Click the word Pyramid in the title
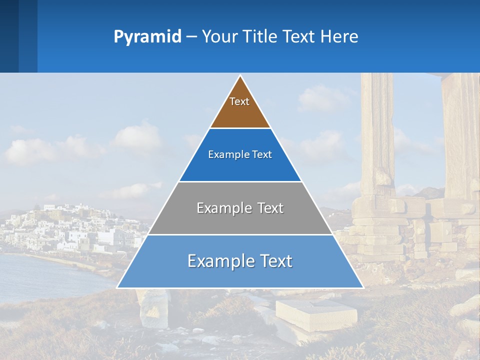[x=147, y=37]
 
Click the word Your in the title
[x=219, y=36]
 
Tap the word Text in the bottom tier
[x=273, y=261]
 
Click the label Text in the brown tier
[x=239, y=101]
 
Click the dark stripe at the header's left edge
[x=9, y=36]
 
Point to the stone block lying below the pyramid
[x=316, y=313]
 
